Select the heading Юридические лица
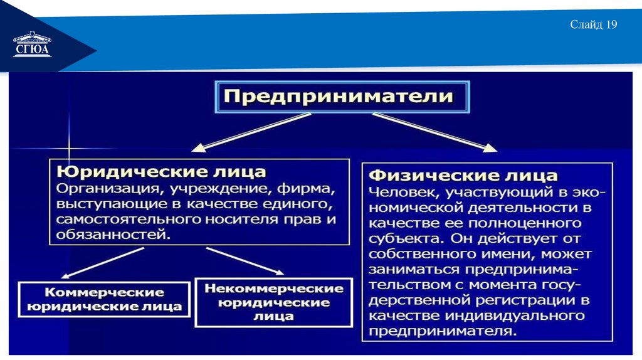pos(161,171)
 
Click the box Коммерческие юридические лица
pos(104,300)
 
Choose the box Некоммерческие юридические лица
pos(273,302)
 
